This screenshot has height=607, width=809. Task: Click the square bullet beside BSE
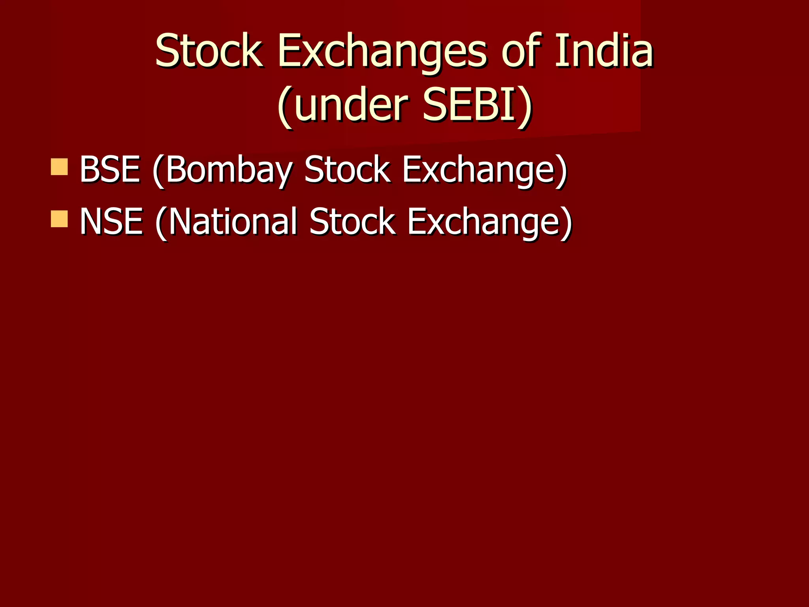coord(59,167)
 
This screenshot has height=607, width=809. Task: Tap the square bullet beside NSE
coord(59,219)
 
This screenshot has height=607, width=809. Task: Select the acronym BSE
coord(110,170)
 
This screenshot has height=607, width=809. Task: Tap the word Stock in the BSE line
coord(347,170)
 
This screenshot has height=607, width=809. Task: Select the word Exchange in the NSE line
coord(485,222)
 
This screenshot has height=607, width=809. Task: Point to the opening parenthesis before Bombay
coord(158,171)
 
